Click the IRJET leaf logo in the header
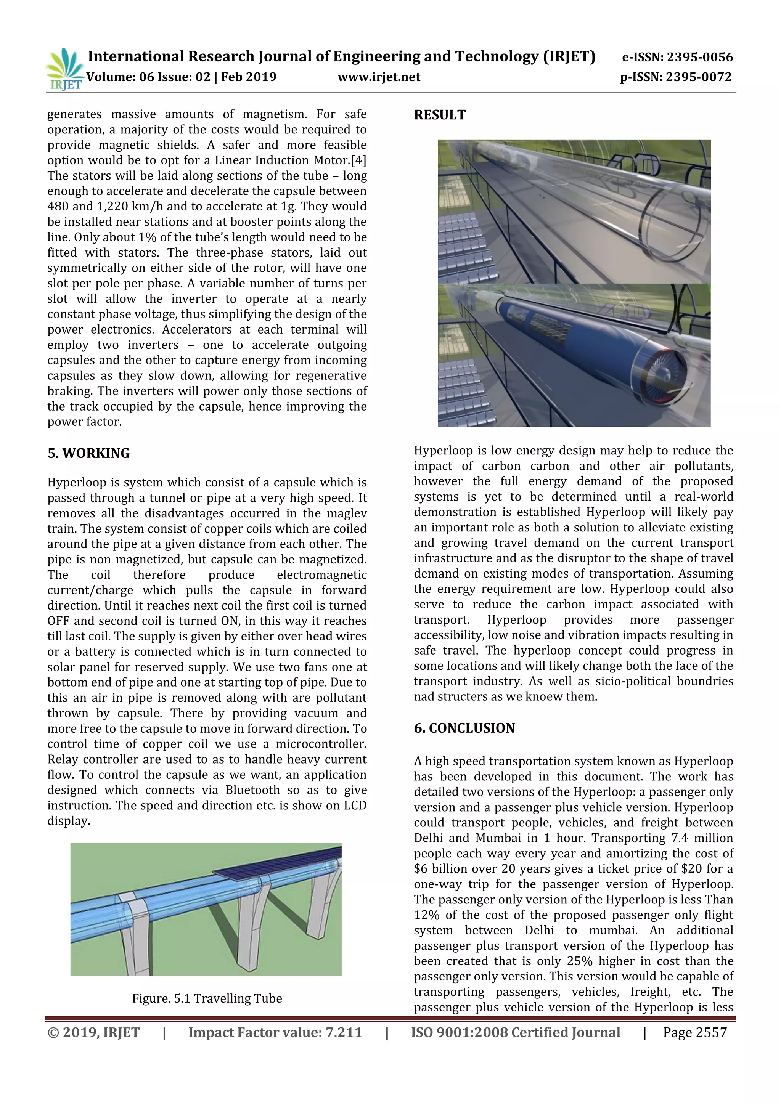coord(64,69)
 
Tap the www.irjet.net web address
coord(379,77)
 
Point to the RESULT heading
coord(440,115)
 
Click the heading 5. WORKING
coord(88,453)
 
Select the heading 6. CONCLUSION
coord(464,728)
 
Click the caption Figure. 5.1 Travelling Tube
coord(207,998)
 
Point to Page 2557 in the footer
coord(694,1032)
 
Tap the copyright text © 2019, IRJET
coord(93,1032)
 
